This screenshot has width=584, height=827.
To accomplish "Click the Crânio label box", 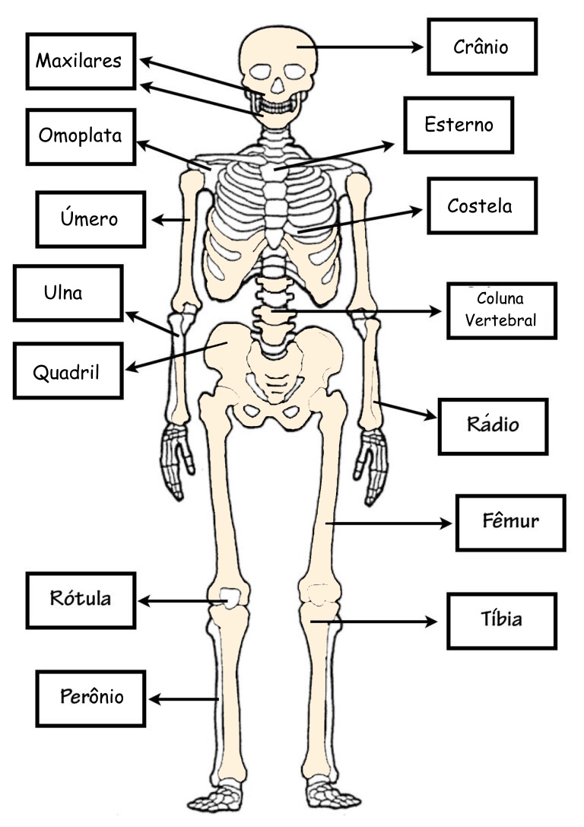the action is (482, 46).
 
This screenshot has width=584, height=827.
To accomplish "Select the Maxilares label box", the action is (81, 61).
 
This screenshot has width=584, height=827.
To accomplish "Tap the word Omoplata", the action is (80, 135).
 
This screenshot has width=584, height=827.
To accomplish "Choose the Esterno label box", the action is (459, 125).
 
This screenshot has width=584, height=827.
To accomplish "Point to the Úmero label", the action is (89, 218).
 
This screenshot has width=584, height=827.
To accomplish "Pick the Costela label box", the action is (482, 205).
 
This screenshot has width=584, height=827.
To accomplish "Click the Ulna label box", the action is (68, 293).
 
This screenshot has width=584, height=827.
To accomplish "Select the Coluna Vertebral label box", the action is (501, 310).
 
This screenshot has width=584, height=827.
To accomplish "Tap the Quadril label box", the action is (68, 371).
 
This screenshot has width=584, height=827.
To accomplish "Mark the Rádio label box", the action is (493, 427).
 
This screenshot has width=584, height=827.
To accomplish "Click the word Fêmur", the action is (510, 521).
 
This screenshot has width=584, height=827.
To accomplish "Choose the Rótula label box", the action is (81, 600).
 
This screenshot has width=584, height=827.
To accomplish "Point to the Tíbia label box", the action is (501, 621).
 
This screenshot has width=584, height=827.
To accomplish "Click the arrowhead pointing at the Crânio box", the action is (417, 47).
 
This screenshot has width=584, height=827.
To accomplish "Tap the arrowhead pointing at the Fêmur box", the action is (446, 523).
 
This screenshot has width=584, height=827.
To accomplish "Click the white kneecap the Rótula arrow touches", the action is (230, 597).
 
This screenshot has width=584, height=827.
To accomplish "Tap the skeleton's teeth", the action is (276, 107).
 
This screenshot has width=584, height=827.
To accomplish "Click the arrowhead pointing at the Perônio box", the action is (155, 699).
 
